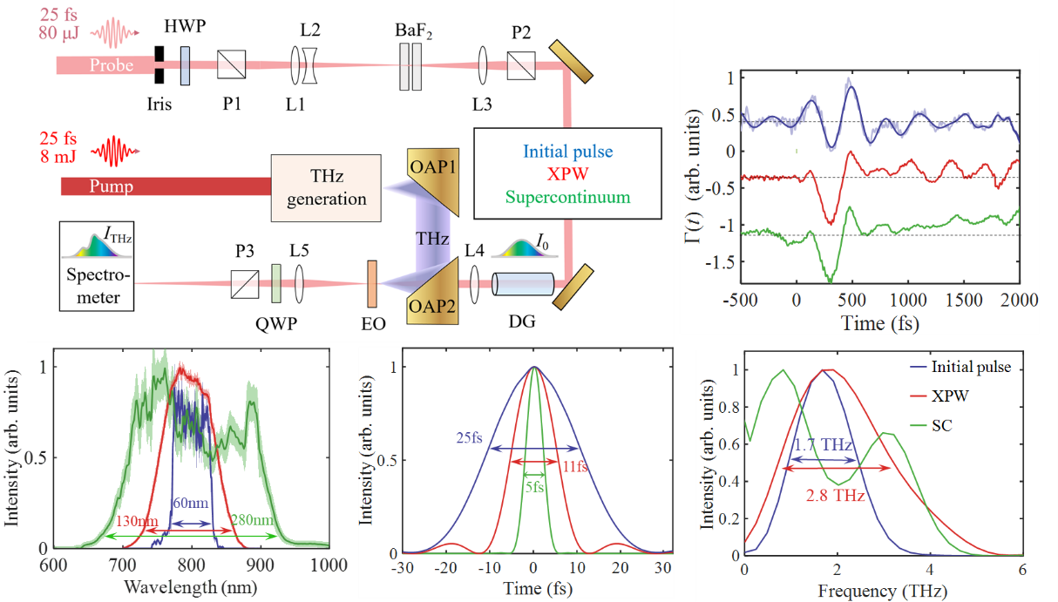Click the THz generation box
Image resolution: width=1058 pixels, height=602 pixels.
coord(326,186)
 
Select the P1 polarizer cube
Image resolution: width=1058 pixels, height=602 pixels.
coord(233,64)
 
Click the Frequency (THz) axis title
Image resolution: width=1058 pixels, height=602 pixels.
coord(882,590)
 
